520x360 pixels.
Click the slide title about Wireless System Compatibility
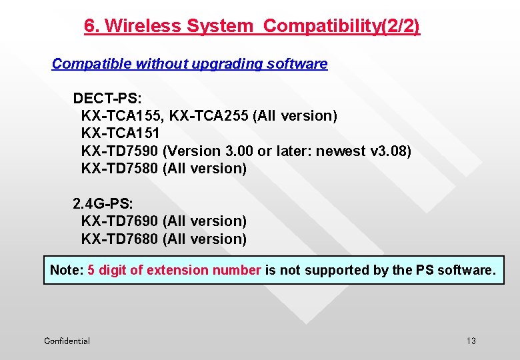click(251, 26)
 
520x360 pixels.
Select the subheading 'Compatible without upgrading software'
click(189, 64)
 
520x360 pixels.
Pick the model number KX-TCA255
click(209, 116)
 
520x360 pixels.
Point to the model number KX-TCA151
click(120, 133)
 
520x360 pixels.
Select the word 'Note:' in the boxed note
click(67, 270)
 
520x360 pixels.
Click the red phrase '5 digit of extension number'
click(174, 270)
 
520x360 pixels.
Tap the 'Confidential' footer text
click(67, 341)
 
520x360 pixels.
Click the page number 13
click(471, 341)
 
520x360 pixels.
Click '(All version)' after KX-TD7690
click(205, 221)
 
